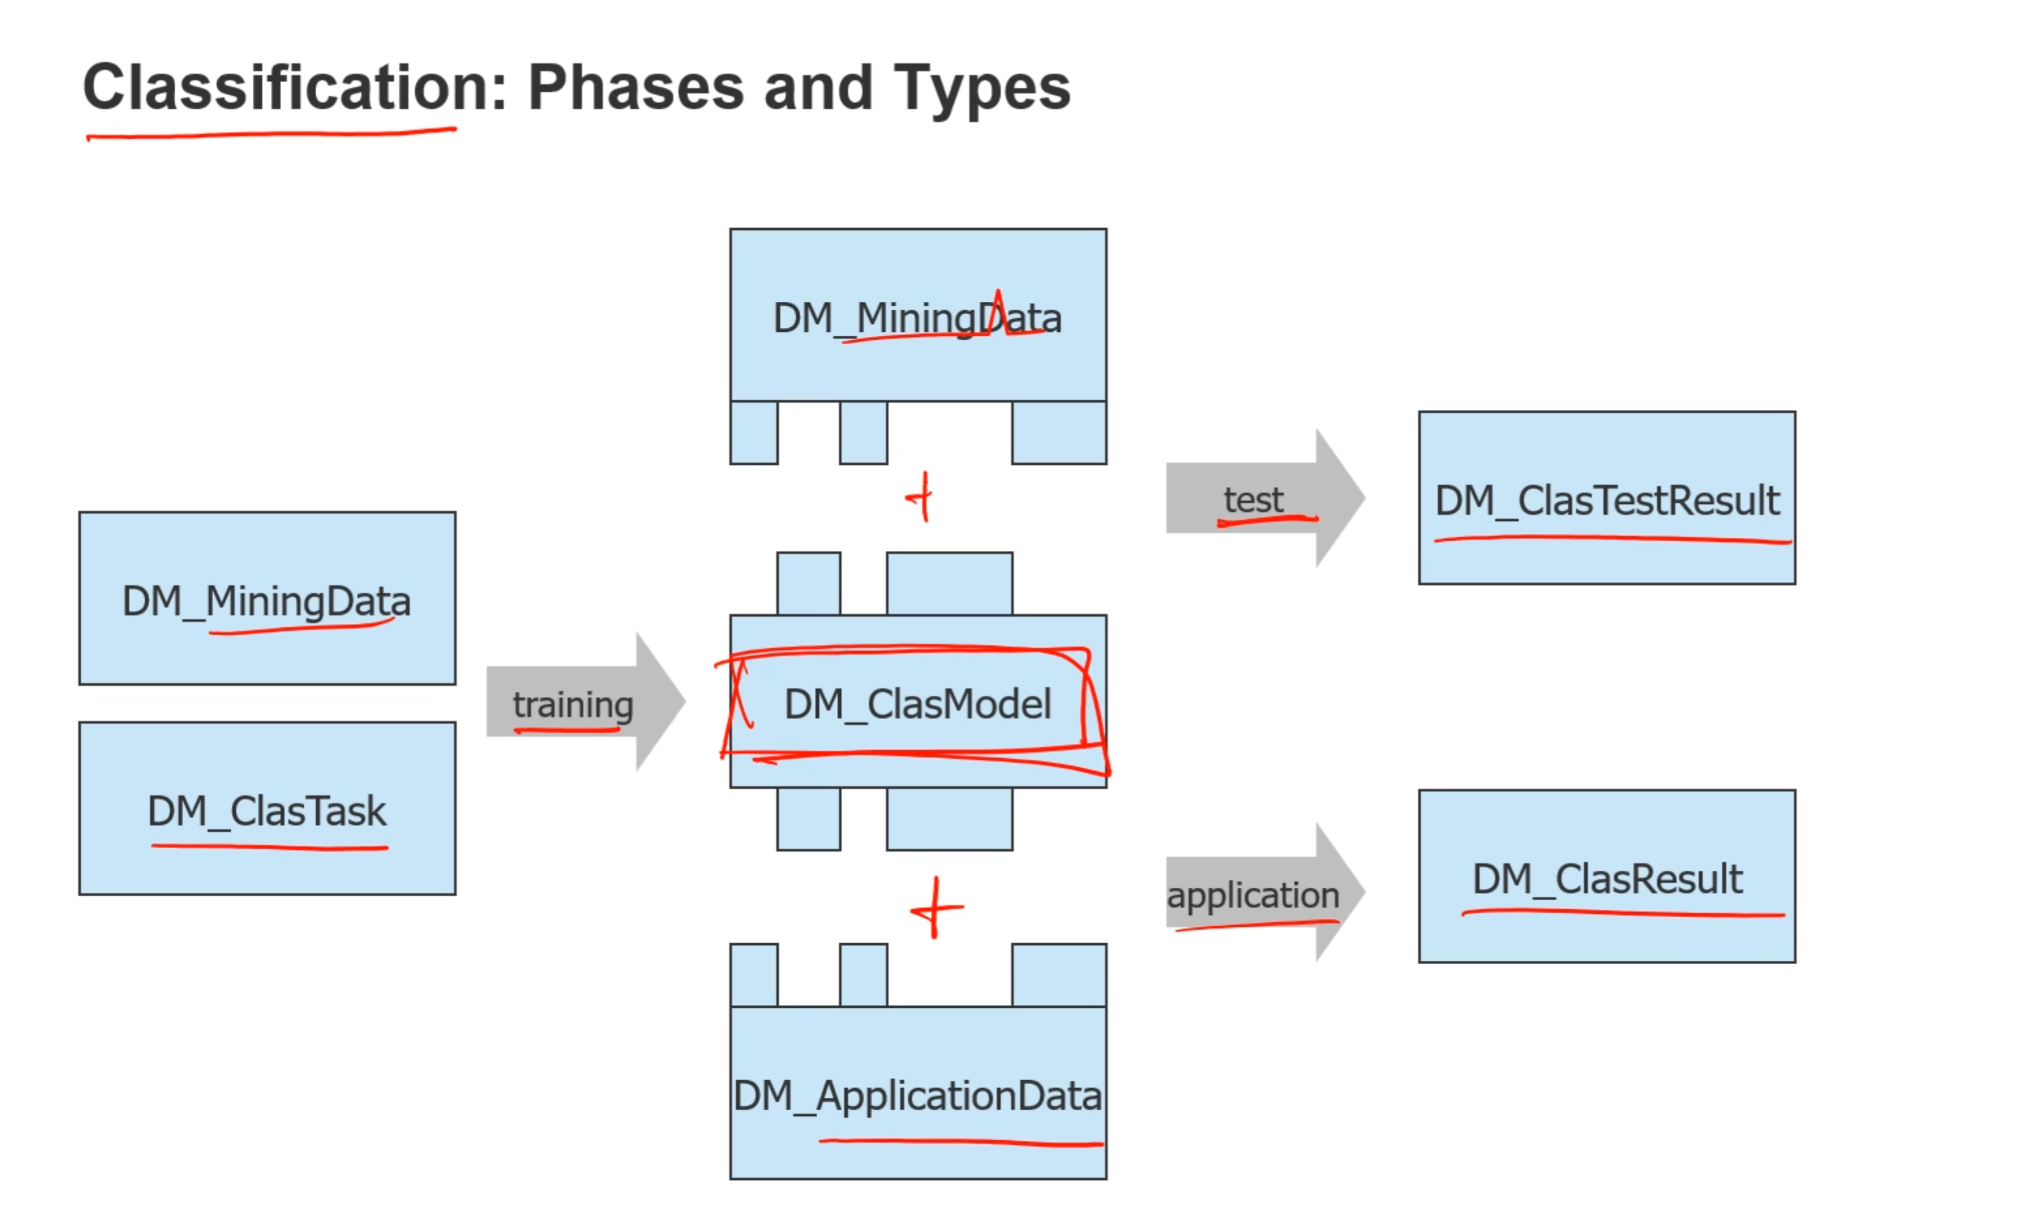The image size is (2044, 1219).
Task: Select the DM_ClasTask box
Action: point(267,808)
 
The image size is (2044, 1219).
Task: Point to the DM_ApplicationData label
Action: point(917,1096)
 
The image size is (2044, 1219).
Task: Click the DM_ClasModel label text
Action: point(917,704)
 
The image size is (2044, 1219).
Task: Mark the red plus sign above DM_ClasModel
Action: point(922,497)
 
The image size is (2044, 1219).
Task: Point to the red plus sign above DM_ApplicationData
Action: point(935,907)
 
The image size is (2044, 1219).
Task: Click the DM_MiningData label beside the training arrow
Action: point(266,601)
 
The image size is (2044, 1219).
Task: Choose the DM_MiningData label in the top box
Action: point(917,318)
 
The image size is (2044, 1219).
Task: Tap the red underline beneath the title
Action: point(271,134)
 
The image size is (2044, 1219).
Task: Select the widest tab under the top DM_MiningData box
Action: point(1058,432)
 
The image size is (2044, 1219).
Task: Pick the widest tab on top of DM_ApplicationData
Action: point(1058,975)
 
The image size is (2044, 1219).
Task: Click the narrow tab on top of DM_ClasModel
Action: point(808,583)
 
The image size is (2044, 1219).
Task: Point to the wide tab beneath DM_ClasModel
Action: point(949,819)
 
